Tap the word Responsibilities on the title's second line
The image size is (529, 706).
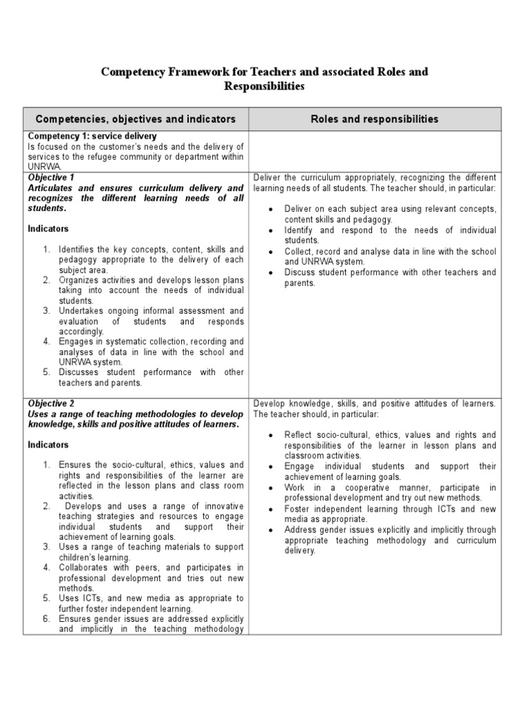click(x=264, y=86)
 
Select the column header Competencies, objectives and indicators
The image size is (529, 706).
click(x=135, y=119)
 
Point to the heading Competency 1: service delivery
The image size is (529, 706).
click(x=92, y=137)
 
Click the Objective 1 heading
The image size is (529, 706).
click(x=51, y=178)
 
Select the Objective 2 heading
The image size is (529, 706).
click(x=51, y=403)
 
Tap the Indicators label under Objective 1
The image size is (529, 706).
click(x=48, y=228)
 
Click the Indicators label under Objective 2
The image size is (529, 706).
click(x=48, y=445)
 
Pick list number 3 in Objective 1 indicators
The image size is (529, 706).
click(x=46, y=311)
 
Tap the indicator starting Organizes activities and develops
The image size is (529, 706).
click(x=151, y=290)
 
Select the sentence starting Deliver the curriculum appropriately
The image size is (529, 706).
click(x=375, y=183)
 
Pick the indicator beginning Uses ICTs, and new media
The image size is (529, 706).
click(x=151, y=603)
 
